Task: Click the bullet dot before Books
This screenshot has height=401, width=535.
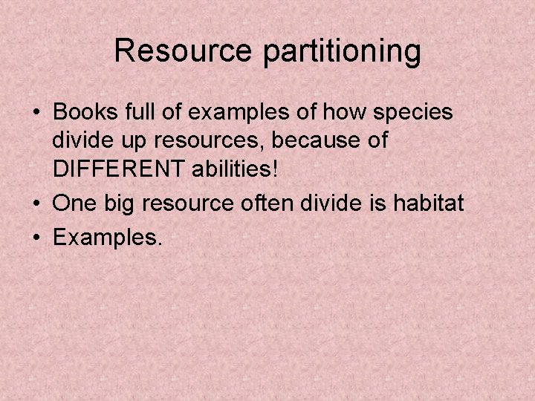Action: click(36, 114)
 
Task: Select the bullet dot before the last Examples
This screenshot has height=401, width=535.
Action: click(36, 238)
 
